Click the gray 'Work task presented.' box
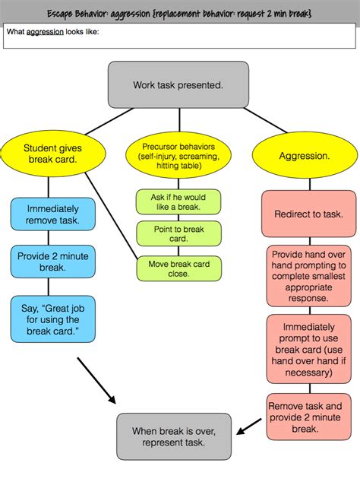178,84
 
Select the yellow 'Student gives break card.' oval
49,154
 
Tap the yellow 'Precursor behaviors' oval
178,154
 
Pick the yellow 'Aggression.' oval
304,155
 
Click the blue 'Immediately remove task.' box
53,214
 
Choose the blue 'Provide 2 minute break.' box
53,261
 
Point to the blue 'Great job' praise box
53,319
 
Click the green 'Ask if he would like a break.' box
178,202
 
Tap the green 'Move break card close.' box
178,268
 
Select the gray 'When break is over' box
173,436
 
